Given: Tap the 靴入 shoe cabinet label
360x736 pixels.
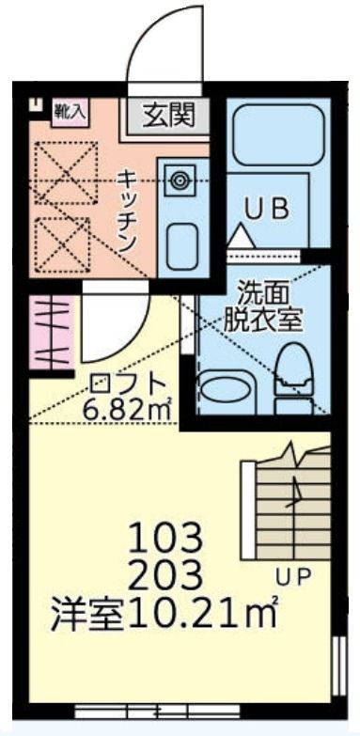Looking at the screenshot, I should coord(69,111).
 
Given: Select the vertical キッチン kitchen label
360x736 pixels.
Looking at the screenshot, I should coord(128,209).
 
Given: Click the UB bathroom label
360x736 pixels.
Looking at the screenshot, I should coord(268,208).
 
